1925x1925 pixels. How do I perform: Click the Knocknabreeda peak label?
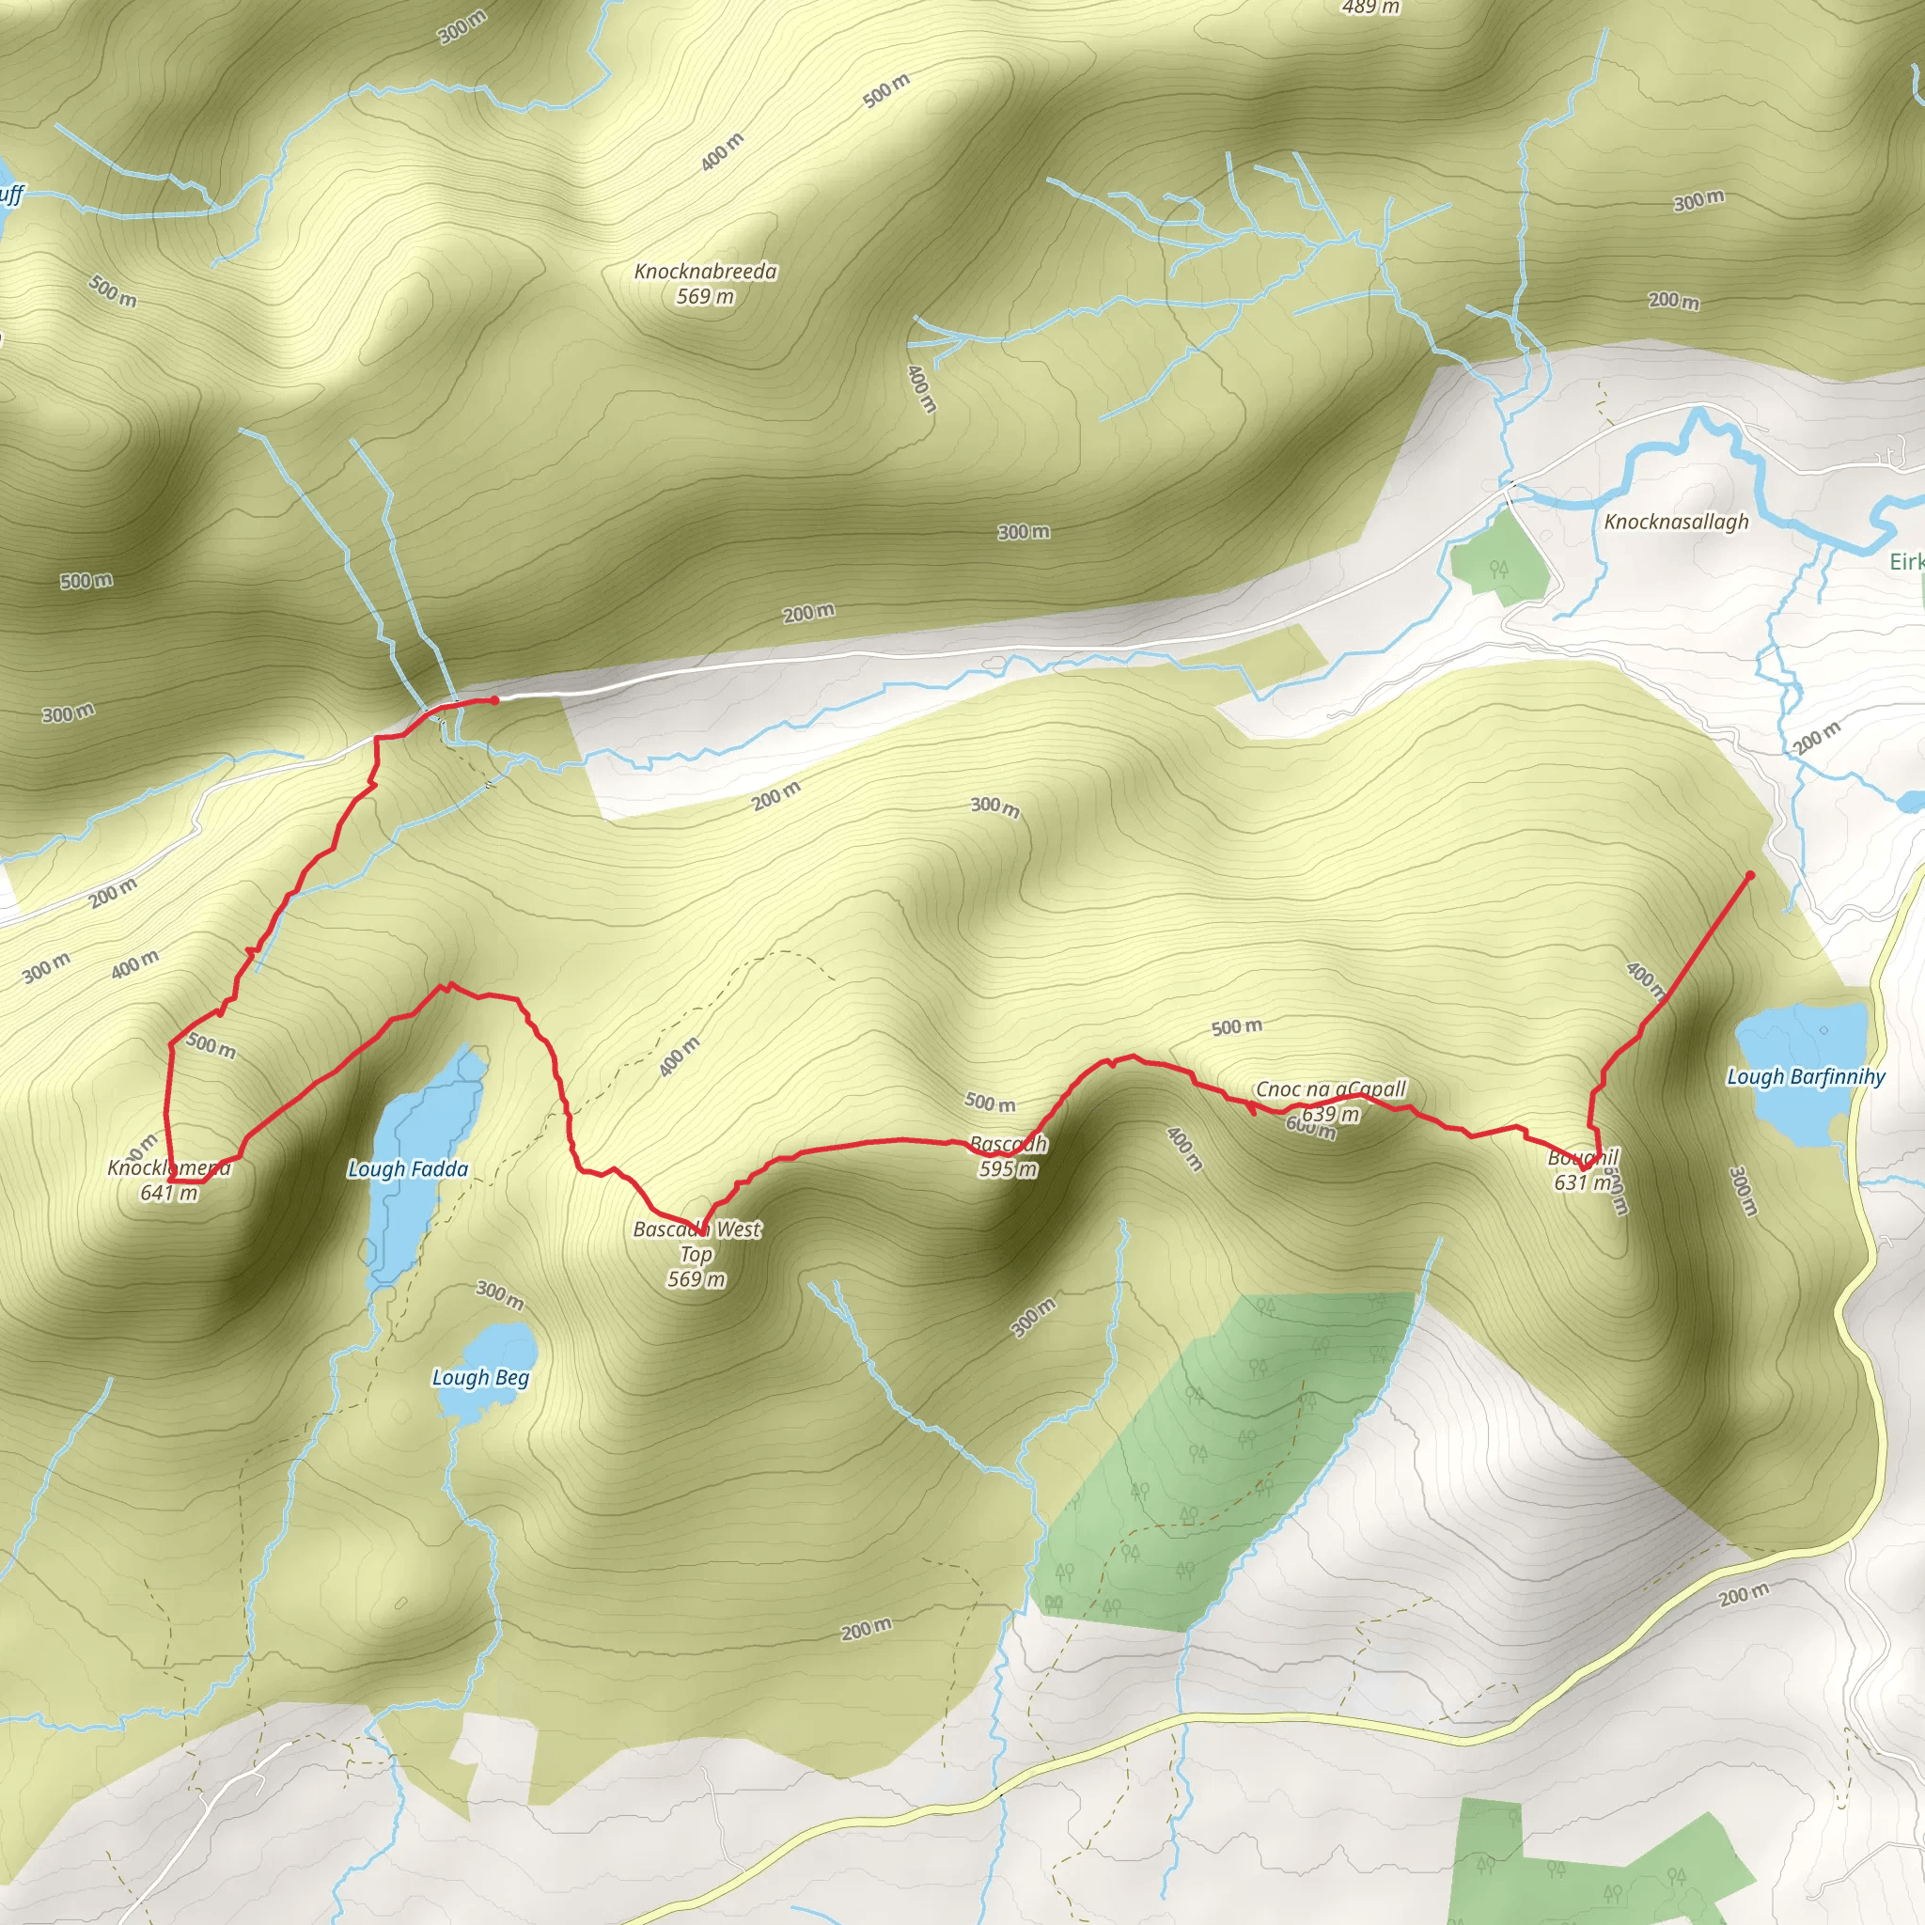(706, 271)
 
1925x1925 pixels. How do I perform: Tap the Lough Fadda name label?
(408, 1168)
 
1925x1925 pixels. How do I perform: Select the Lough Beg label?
(480, 1377)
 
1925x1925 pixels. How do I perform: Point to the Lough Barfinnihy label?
(1806, 1076)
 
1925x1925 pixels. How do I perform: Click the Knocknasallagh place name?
(1676, 521)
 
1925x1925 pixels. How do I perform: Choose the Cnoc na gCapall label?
(1330, 1089)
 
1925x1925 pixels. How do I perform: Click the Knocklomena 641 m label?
(169, 1168)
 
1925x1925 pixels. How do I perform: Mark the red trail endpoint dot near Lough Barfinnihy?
(1750, 876)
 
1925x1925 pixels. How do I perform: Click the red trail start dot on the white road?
(494, 700)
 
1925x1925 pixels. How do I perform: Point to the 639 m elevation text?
(1330, 1113)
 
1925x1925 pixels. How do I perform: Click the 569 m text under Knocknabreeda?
(706, 297)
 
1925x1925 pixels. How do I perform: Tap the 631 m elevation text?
(1582, 1182)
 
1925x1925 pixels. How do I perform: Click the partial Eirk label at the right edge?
(1906, 562)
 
